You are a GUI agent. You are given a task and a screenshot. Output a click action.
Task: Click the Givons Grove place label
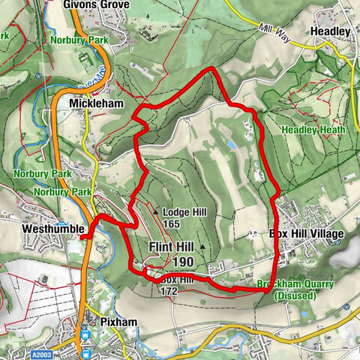[97, 5]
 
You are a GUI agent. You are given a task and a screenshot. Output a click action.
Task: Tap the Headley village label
[331, 31]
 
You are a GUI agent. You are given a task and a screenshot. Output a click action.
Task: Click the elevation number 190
[183, 262]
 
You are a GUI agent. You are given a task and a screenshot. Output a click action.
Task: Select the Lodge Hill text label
[184, 212]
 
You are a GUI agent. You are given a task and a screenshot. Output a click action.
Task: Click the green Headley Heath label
[313, 130]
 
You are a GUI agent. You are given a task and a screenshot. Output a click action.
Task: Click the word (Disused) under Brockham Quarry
[295, 296]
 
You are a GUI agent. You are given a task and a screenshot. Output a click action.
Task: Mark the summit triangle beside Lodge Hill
[156, 212]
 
